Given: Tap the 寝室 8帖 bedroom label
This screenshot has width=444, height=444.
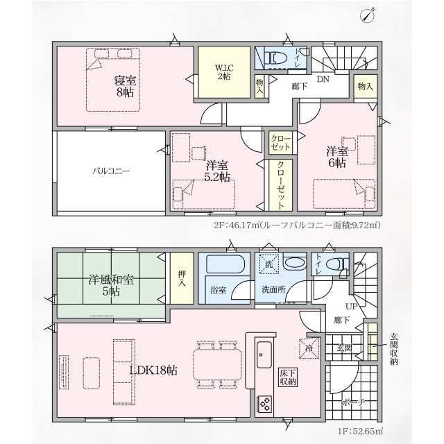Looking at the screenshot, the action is pos(125,87).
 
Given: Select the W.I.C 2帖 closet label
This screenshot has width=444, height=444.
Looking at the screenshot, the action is pos(224,72).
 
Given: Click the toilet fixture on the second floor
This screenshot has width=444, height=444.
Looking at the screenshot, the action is pos(273,58).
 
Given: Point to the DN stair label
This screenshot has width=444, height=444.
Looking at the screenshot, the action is pos(323,79).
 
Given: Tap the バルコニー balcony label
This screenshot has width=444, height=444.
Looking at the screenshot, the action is pos(111,171).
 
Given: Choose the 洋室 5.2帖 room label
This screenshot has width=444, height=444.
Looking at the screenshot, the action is pos(217,171).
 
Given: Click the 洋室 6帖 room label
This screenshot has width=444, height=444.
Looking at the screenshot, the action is pos(337,157).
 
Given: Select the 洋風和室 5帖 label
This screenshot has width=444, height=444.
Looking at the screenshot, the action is pos(111,285).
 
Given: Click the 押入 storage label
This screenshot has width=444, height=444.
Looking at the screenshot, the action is pos(182,278).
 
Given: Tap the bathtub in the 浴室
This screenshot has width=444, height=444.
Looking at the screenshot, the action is pos(225,264).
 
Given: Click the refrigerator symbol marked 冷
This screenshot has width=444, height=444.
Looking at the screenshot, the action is pos(309,348).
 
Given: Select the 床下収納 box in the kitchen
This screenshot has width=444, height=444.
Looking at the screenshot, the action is pos(288,378).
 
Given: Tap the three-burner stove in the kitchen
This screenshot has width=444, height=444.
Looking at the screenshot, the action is pos(264,404).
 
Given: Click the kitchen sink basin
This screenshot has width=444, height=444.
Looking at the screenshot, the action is pos(264,355).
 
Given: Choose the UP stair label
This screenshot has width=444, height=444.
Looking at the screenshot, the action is pos(351,306).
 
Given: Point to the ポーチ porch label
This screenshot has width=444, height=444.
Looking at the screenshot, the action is pos(354,402).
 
